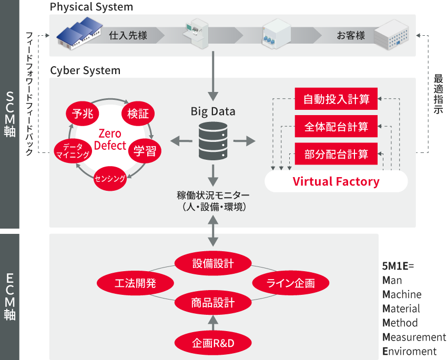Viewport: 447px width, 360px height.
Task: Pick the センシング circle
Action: click(110, 179)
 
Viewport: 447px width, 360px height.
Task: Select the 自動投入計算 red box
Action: click(336, 99)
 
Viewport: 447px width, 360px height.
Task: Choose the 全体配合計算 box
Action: click(336, 127)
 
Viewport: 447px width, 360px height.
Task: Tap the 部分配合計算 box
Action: click(336, 155)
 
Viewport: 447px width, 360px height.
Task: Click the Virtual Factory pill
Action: click(336, 182)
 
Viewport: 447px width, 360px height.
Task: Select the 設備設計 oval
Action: click(213, 263)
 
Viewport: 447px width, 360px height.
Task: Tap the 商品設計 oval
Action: click(213, 302)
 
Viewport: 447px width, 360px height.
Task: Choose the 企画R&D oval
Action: click(213, 343)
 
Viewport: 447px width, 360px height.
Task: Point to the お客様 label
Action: click(351, 36)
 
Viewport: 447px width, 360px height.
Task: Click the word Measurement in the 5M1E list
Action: click(414, 337)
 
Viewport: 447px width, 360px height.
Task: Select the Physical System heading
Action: click(91, 7)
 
